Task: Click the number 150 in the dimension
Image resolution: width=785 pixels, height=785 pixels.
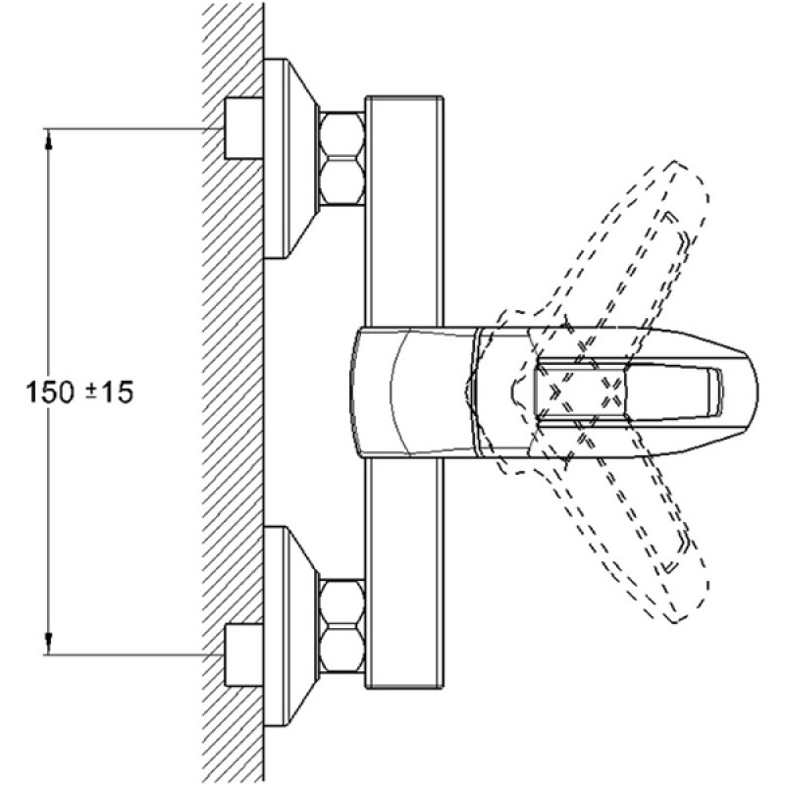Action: click(x=50, y=392)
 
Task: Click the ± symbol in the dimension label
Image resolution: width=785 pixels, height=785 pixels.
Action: click(x=91, y=392)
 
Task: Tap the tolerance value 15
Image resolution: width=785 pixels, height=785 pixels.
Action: click(x=117, y=392)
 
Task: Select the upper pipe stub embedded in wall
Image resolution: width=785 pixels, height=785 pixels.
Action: click(x=243, y=129)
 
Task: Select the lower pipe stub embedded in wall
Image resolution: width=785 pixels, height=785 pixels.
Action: click(x=243, y=654)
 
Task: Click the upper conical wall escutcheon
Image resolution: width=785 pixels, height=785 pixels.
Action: click(x=290, y=159)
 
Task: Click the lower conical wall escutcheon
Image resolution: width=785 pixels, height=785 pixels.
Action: click(x=290, y=626)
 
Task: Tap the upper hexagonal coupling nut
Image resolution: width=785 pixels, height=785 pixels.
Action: click(x=342, y=158)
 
